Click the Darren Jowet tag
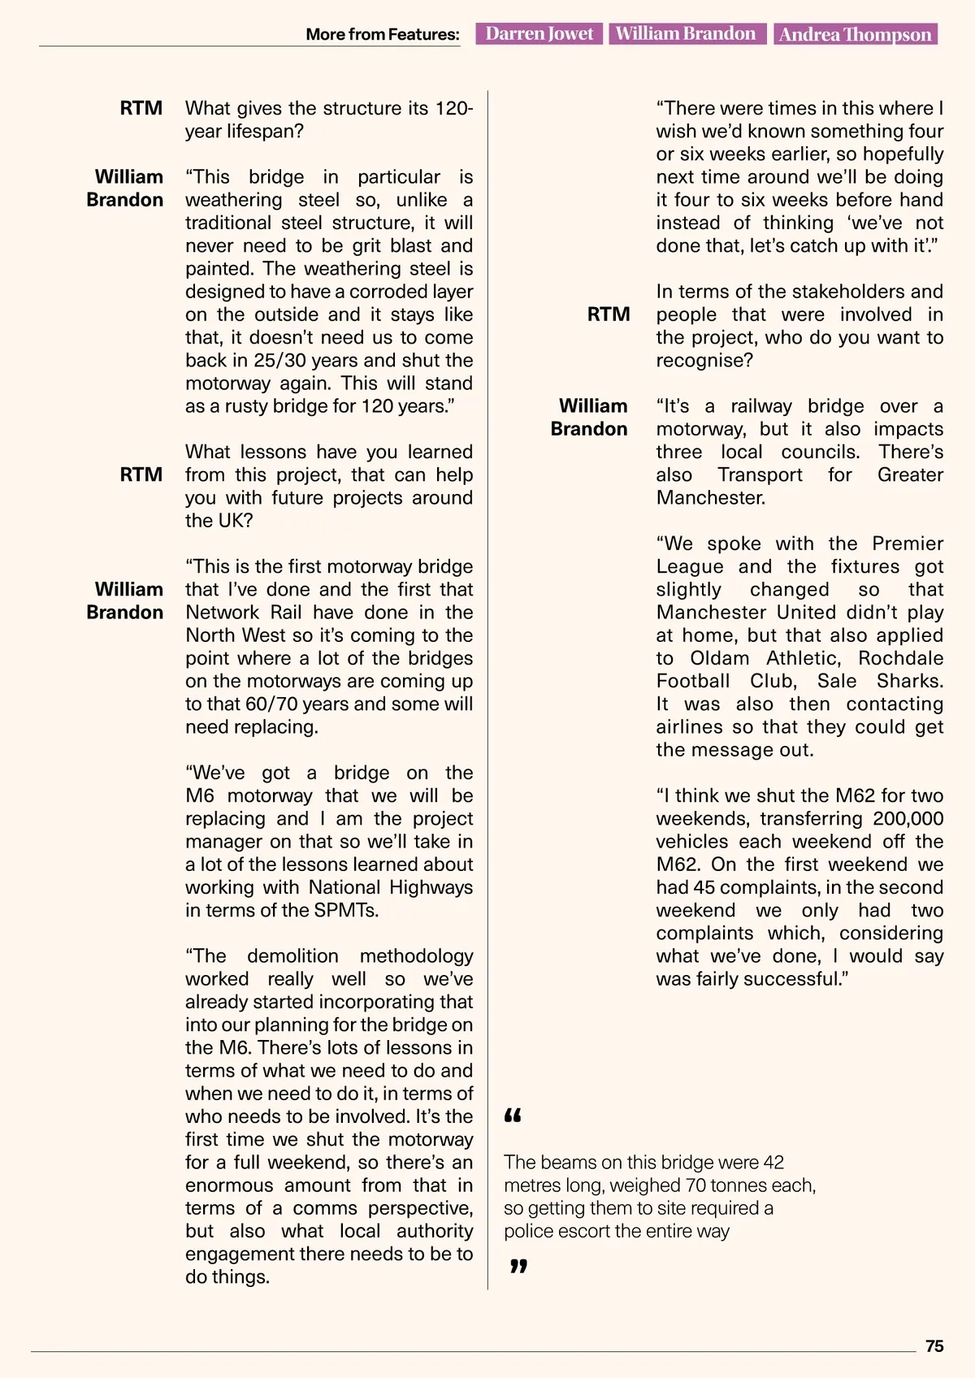pos(539,33)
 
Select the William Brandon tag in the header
pos(686,33)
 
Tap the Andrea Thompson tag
pos(855,34)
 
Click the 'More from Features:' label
pos(382,34)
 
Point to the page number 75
pos(934,1346)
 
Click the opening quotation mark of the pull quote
pos(513,1116)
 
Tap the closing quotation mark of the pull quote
pos(518,1266)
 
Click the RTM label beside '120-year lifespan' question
pos(141,108)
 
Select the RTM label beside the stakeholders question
pos(609,314)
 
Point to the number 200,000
pos(908,819)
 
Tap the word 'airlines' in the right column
pos(689,727)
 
